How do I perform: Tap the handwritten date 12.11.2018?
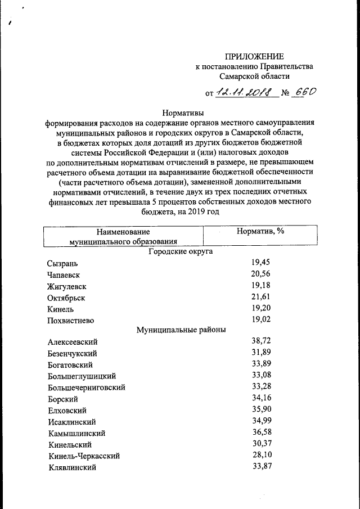pos(246,92)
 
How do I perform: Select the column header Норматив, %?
pos(259,231)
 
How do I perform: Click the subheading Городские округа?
pos(180,252)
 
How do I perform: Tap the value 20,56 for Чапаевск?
pos(260,273)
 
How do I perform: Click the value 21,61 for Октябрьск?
pos(260,296)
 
